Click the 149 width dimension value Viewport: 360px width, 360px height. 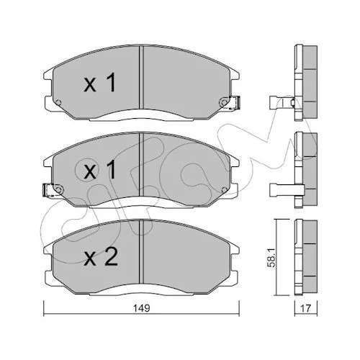142,308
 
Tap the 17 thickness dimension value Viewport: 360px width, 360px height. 305,308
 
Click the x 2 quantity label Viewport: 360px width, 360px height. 101,256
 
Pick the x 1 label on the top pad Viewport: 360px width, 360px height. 99,83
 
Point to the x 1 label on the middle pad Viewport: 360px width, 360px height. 99,170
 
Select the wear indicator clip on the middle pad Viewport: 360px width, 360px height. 48,190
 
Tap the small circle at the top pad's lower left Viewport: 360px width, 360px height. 58,103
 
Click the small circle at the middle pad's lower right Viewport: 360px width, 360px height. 224,190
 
